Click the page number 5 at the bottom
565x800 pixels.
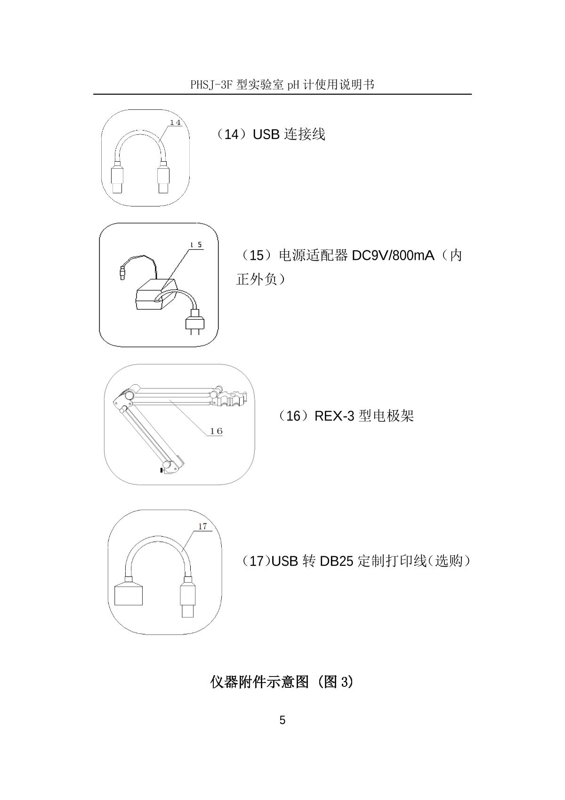[x=282, y=720]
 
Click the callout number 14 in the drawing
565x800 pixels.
[x=175, y=123]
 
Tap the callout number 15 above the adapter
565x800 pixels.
[x=196, y=245]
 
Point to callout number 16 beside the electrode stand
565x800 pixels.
[x=216, y=431]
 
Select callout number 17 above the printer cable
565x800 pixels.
[x=202, y=527]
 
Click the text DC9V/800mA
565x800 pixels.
[x=393, y=256]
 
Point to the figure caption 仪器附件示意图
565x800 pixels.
[x=259, y=682]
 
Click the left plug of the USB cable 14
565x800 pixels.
[x=117, y=177]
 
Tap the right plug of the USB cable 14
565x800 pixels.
[x=163, y=177]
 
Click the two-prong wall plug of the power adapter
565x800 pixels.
[x=194, y=322]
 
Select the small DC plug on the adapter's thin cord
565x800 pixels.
[x=123, y=272]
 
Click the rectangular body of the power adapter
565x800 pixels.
[x=156, y=295]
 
